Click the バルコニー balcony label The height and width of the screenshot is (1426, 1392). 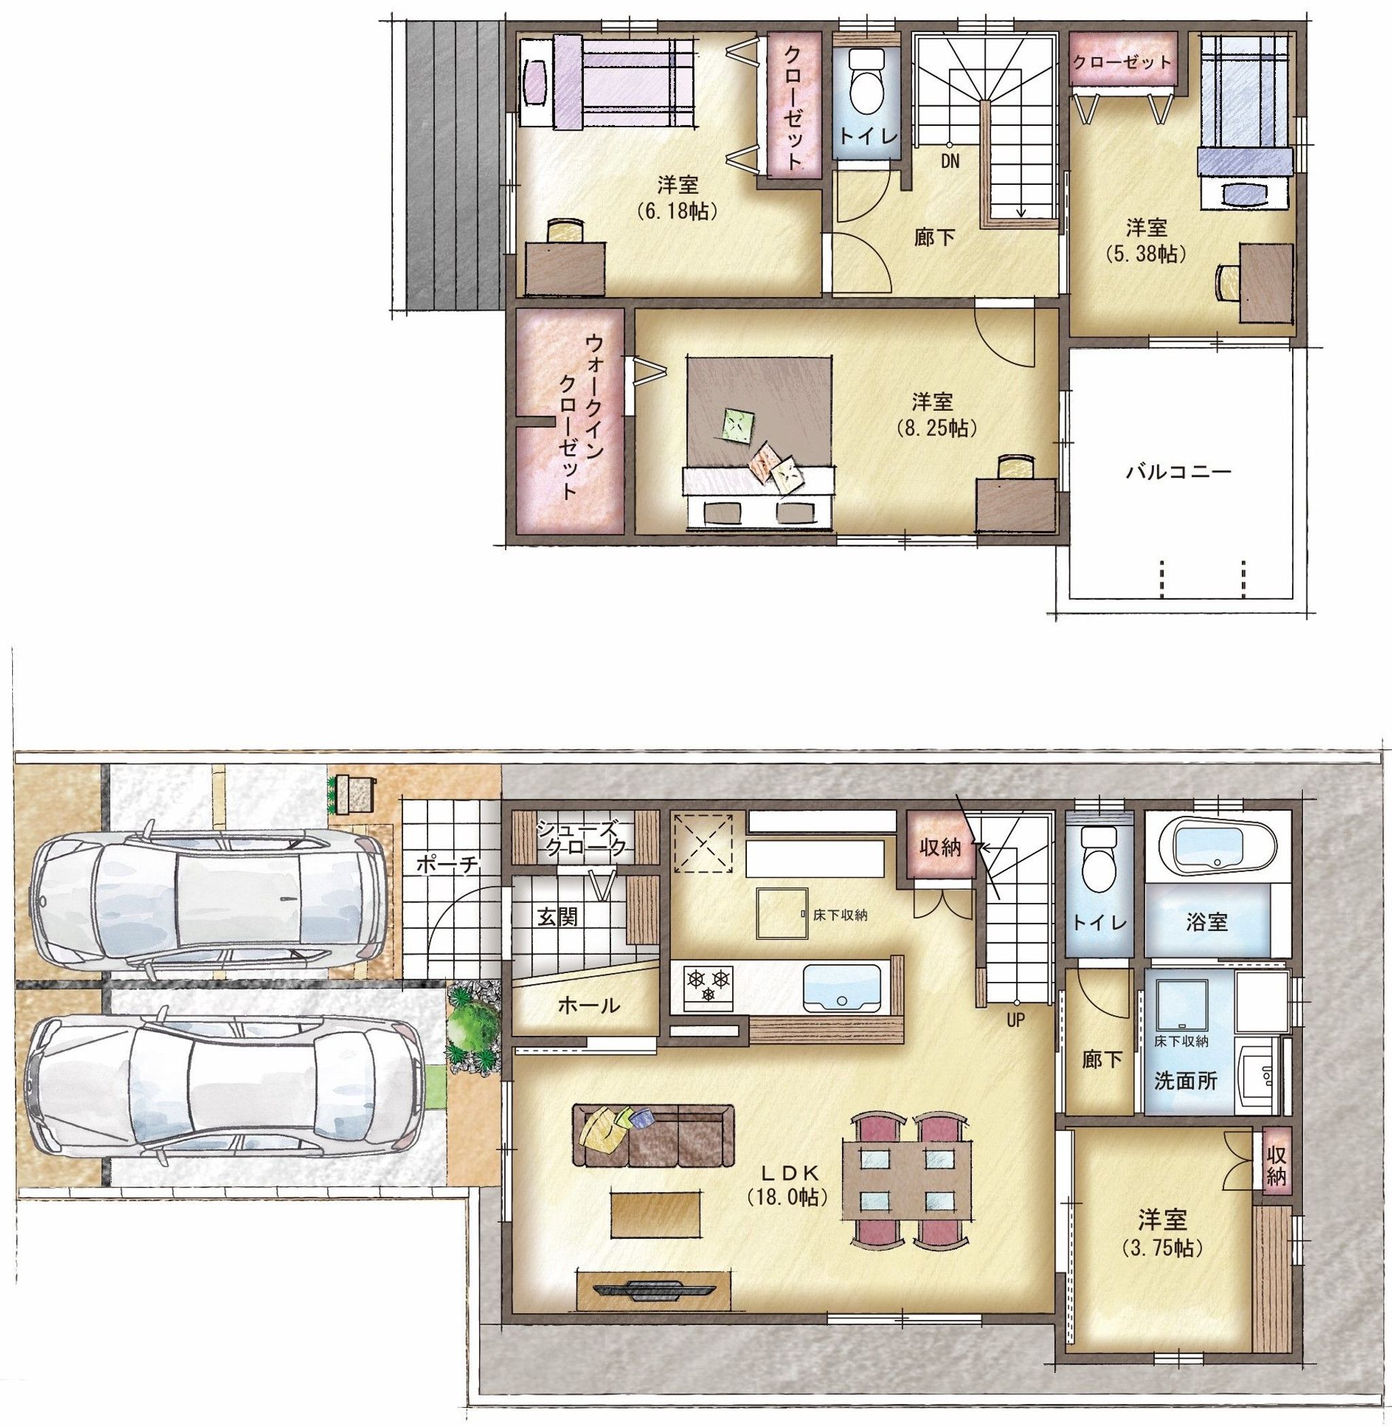[1178, 472]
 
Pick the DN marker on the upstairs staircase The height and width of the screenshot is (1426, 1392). [950, 161]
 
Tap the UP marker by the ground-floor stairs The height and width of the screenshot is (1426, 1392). [1015, 1020]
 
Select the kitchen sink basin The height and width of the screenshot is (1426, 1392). [842, 987]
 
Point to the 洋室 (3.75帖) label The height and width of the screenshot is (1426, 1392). [1162, 1233]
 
